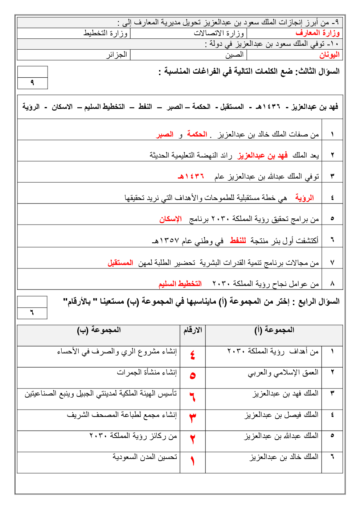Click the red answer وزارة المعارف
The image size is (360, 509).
point(318,33)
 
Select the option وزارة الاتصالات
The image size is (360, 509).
point(219,33)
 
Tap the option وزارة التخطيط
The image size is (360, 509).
point(105,33)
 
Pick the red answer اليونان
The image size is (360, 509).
point(329,55)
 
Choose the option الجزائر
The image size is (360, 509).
point(116,55)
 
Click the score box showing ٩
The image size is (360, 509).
point(33,83)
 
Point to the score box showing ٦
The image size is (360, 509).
point(32,313)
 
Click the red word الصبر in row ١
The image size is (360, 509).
point(165,135)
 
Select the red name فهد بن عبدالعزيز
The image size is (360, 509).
point(262,156)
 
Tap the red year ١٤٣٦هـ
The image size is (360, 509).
point(191,177)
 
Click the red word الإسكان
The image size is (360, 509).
point(170,219)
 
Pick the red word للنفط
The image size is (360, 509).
point(238,241)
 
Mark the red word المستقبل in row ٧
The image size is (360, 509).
point(120,263)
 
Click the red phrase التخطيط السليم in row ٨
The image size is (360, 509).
point(180,284)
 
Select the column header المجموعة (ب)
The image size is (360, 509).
point(99,330)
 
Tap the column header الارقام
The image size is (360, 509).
point(192,330)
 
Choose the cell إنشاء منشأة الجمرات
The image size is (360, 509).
point(147,373)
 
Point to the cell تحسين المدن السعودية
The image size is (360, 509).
point(144,457)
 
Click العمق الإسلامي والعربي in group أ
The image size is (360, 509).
point(283,373)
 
